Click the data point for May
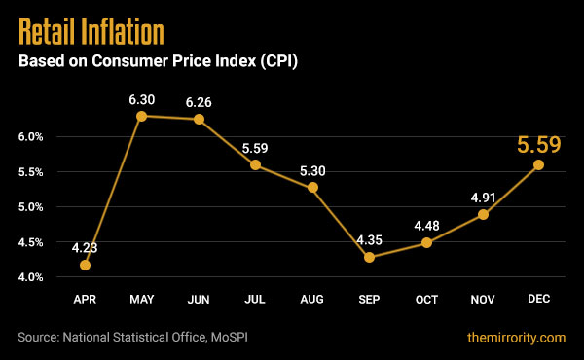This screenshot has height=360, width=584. click(142, 116)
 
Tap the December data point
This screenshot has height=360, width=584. click(538, 164)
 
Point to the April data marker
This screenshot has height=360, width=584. click(86, 265)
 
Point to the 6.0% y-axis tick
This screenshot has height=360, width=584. click(31, 137)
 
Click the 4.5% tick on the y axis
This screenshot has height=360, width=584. click(31, 242)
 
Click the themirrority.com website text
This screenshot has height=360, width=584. click(513, 337)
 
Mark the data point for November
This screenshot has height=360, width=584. click(483, 214)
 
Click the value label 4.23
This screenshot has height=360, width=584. click(86, 245)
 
